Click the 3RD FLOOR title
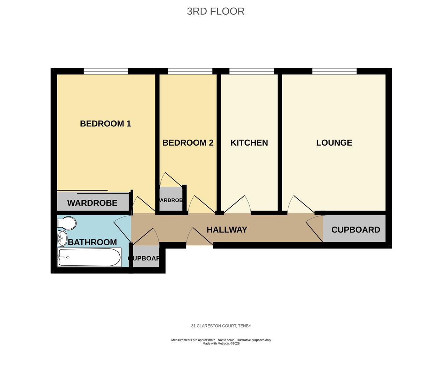[x=215, y=11]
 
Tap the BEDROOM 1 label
[x=105, y=124]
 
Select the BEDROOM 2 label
[x=188, y=143]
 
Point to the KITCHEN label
[x=249, y=143]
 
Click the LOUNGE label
[x=334, y=143]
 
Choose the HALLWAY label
[x=227, y=230]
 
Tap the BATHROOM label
[x=92, y=242]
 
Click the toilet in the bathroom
[x=67, y=223]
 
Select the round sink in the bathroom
[x=62, y=238]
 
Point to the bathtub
[x=89, y=257]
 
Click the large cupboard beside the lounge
[x=355, y=230]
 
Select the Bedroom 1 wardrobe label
[x=92, y=203]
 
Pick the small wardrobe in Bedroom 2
[x=171, y=200]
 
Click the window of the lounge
[x=334, y=71]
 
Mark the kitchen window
[x=251, y=71]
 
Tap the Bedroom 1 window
[x=106, y=71]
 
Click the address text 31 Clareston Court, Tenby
[x=221, y=326]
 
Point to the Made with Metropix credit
[x=221, y=343]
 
